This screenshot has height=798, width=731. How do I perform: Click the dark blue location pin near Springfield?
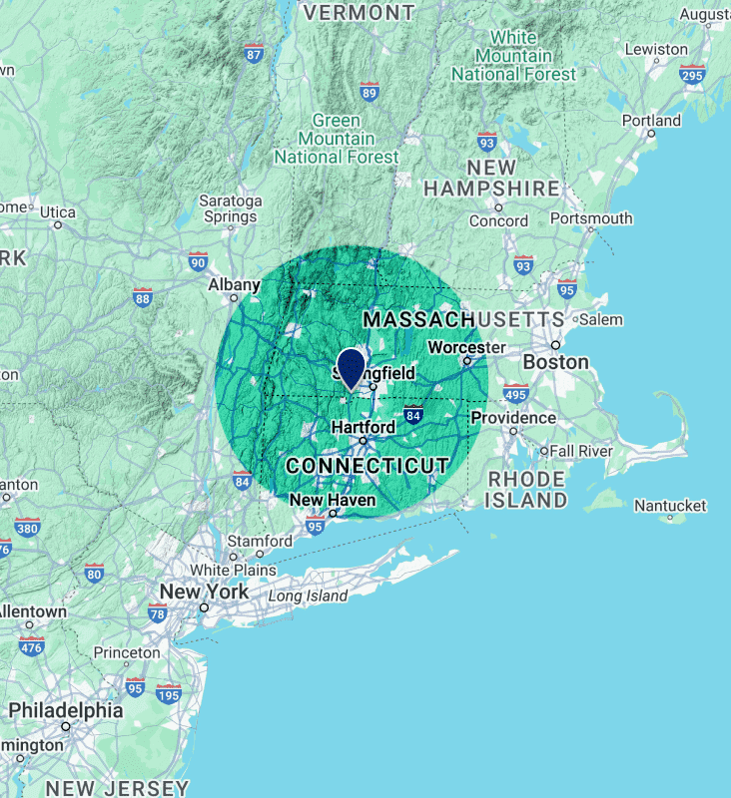click(x=351, y=366)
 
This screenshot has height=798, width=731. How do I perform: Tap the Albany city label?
click(x=234, y=285)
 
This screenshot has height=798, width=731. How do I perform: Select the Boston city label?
click(x=555, y=362)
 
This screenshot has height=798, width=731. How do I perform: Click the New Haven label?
click(x=333, y=500)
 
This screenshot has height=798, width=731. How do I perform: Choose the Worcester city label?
click(x=466, y=347)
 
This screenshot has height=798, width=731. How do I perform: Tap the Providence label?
click(x=513, y=417)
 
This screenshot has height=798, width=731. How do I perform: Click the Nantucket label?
click(x=670, y=506)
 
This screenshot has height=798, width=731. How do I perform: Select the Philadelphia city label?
click(x=66, y=711)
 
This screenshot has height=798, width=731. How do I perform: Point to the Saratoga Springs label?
click(x=231, y=207)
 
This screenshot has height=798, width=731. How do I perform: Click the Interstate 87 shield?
click(x=254, y=54)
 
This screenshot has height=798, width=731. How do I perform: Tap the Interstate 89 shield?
click(x=369, y=93)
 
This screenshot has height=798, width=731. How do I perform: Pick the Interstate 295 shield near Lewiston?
click(x=692, y=74)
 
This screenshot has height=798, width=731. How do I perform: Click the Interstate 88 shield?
click(x=143, y=296)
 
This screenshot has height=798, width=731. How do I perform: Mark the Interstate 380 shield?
click(x=27, y=527)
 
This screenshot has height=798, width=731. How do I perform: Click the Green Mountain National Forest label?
click(x=336, y=139)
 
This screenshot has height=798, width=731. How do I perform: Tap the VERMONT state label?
click(x=359, y=12)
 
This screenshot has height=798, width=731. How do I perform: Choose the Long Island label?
click(x=308, y=597)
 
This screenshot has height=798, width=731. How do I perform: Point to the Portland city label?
click(x=651, y=121)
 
